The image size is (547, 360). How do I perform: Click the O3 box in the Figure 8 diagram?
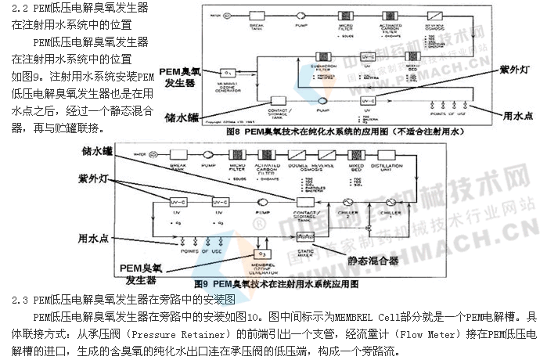(x=229, y=72)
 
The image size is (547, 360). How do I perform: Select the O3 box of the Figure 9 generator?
(x=265, y=254)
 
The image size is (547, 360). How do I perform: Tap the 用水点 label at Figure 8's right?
(x=518, y=115)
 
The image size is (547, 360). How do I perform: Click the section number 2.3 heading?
(x=22, y=300)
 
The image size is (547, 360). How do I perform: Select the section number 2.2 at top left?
(x=21, y=7)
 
